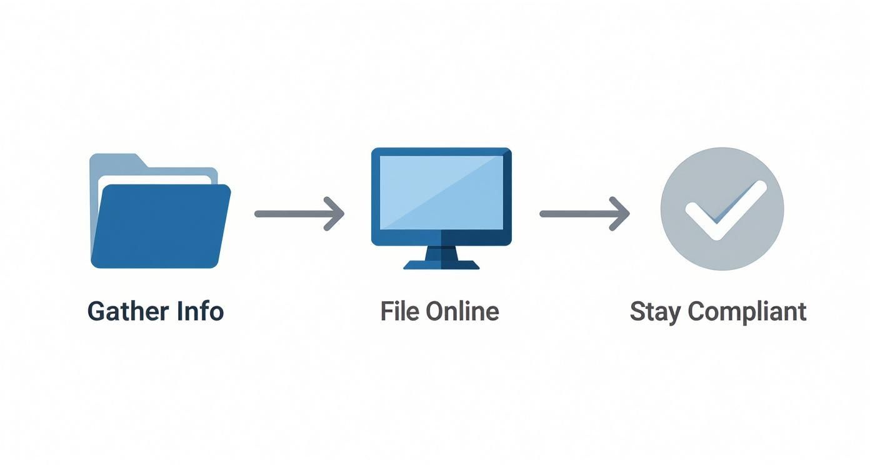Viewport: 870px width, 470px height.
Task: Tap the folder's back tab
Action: [x=116, y=161]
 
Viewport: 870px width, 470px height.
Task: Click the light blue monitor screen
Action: [x=441, y=192]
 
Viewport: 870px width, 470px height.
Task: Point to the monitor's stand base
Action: [x=441, y=264]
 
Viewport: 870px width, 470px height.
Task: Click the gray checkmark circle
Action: [x=722, y=209]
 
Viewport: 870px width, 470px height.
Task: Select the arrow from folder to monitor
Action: [x=299, y=214]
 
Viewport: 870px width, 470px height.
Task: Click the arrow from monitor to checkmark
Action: [x=584, y=214]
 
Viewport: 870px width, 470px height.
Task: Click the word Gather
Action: [x=127, y=311]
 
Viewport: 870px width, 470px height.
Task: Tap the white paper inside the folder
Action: [x=156, y=180]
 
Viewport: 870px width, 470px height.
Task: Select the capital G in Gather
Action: [x=96, y=311]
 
